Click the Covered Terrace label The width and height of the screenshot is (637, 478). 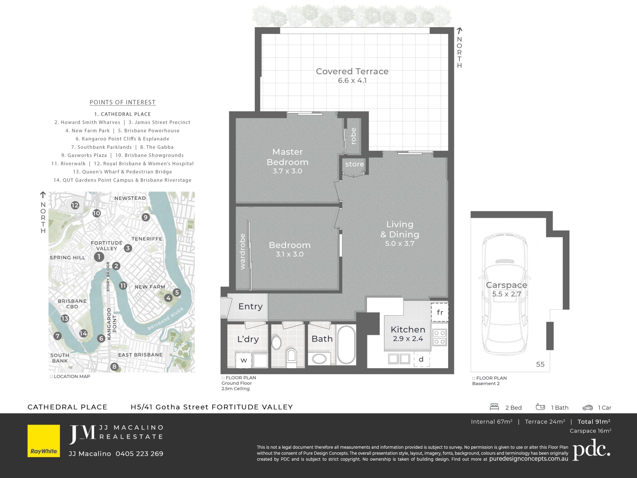pyautogui.click(x=352, y=71)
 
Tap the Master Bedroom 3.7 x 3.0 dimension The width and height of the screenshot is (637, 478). pyautogui.click(x=287, y=171)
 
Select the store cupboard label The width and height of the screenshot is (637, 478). pyautogui.click(x=354, y=164)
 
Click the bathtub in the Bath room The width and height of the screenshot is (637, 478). pyautogui.click(x=346, y=345)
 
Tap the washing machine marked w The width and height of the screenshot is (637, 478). pyautogui.click(x=244, y=360)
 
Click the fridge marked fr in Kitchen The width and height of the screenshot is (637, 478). pyautogui.click(x=440, y=312)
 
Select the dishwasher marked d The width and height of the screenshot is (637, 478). pyautogui.click(x=421, y=359)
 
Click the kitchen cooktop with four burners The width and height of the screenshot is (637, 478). pyautogui.click(x=440, y=337)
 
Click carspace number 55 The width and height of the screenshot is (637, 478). pyautogui.click(x=540, y=364)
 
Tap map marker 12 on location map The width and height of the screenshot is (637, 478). pyautogui.click(x=75, y=205)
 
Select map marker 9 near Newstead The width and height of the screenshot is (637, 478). pyautogui.click(x=146, y=217)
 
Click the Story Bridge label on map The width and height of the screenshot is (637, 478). pyautogui.click(x=108, y=277)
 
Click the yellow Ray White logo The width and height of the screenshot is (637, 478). pyautogui.click(x=44, y=441)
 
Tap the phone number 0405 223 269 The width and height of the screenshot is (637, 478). pyautogui.click(x=139, y=454)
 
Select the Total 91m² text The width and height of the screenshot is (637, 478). pyautogui.click(x=594, y=422)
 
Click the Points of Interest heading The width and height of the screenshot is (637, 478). pyautogui.click(x=122, y=103)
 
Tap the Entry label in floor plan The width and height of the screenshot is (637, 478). pyautogui.click(x=250, y=307)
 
